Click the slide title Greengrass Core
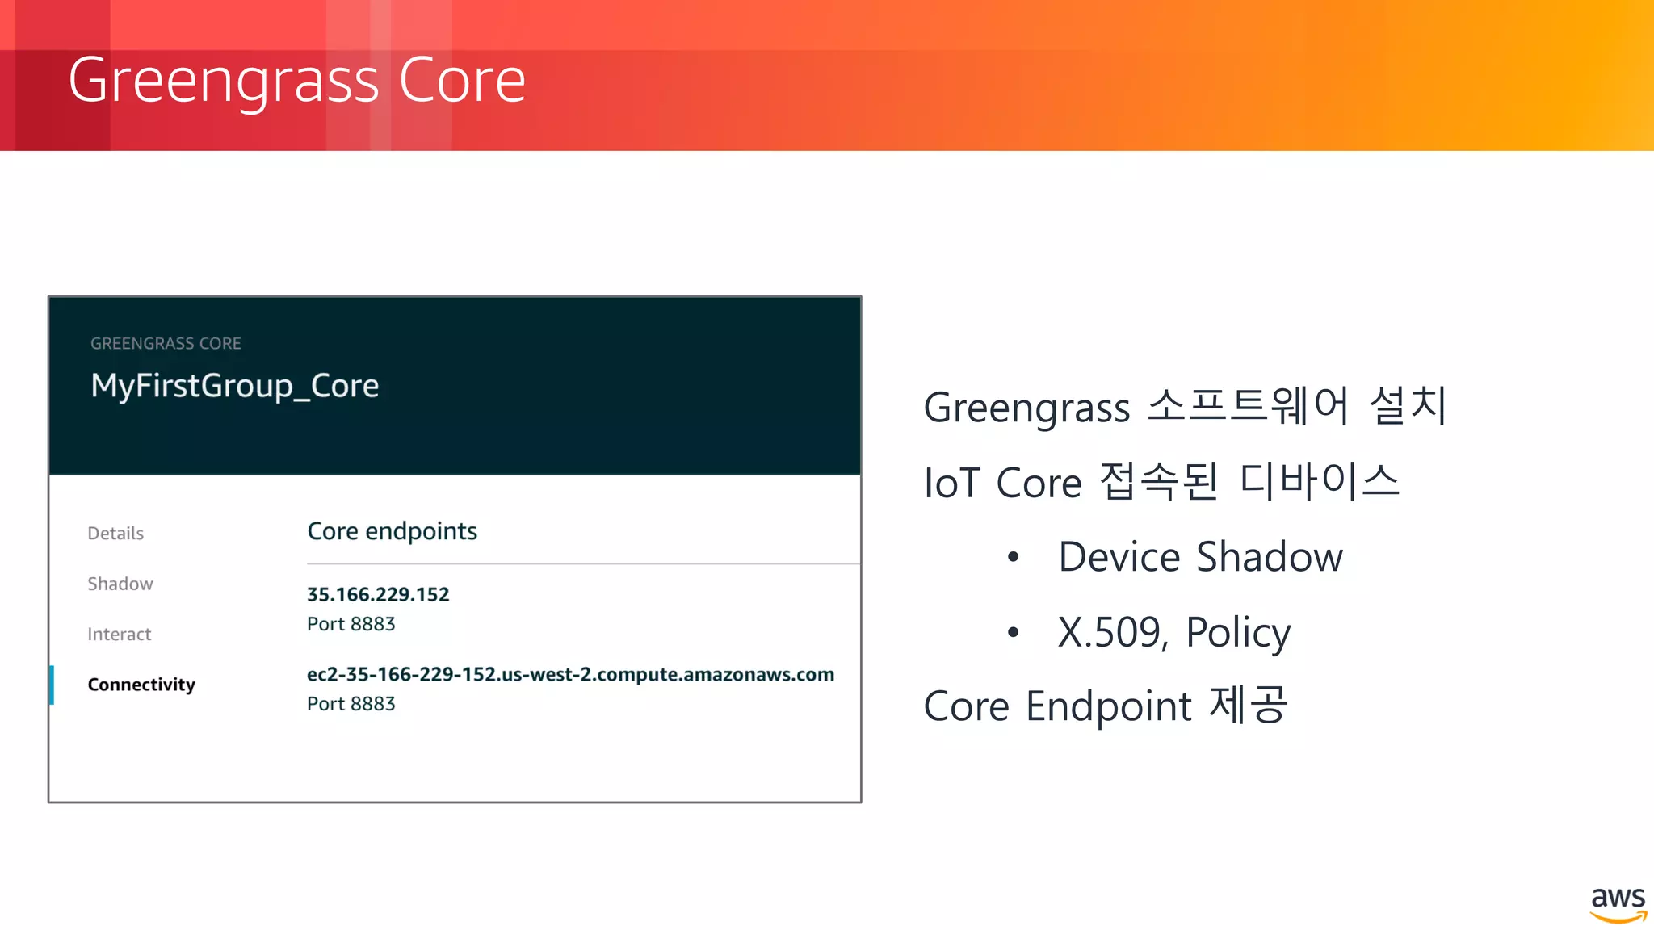(296, 80)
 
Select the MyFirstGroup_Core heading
(234, 386)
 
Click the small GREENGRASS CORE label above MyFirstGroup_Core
(166, 343)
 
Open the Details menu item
(115, 534)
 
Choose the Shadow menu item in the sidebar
(120, 584)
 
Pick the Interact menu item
(120, 635)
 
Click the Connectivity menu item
(141, 685)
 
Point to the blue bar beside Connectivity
(52, 685)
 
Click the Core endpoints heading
(392, 531)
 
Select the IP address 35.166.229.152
(378, 594)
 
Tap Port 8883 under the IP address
(351, 624)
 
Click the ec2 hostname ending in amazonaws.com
(570, 674)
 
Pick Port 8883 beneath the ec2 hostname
(351, 704)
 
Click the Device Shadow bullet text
(1200, 557)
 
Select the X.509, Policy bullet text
(1174, 632)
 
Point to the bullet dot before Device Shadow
(1014, 557)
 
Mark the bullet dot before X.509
(1014, 632)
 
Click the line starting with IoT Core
(1161, 482)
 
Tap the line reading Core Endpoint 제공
(1105, 706)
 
